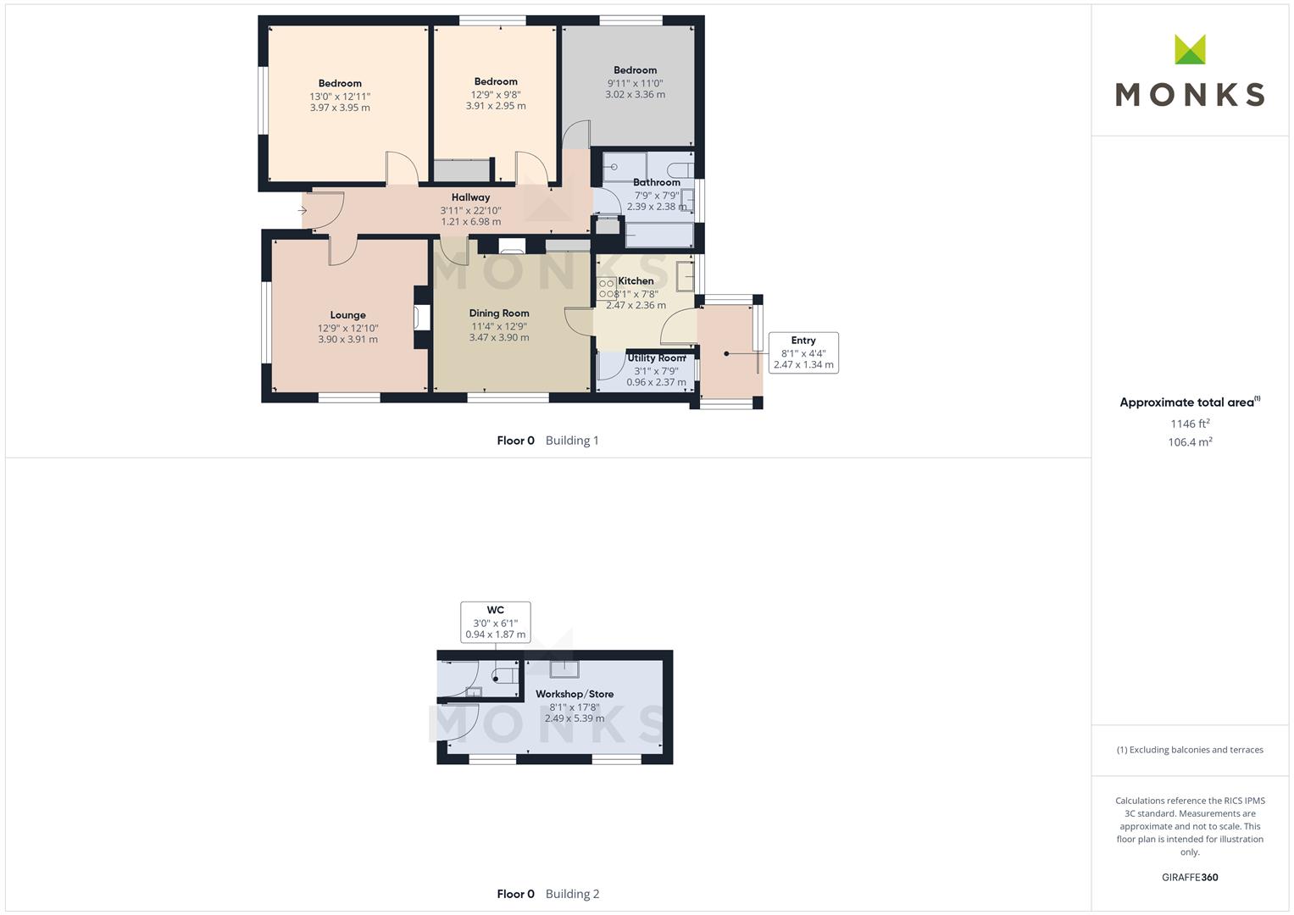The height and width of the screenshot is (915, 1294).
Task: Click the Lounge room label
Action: [347, 315]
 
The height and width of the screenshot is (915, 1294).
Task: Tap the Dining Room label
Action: [499, 313]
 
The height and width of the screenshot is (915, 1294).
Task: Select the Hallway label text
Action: [471, 197]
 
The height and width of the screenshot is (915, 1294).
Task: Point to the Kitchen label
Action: [636, 280]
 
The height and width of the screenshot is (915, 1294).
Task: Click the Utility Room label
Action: [656, 358]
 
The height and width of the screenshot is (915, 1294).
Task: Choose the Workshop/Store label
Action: [575, 694]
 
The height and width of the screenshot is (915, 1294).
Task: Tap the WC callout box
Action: [496, 622]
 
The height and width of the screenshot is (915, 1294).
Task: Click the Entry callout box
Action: [803, 352]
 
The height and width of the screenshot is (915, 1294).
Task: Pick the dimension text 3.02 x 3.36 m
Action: [635, 94]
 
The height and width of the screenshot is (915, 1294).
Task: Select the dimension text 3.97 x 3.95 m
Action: [340, 108]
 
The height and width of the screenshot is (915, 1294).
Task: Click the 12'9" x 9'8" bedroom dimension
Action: [496, 94]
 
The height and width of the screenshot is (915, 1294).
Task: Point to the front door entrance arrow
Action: [303, 210]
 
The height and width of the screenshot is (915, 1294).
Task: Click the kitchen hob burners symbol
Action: [607, 289]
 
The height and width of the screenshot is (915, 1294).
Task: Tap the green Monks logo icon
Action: [1190, 50]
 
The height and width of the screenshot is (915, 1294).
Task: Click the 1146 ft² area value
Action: [1190, 424]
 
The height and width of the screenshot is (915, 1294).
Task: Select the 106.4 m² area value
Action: [1190, 442]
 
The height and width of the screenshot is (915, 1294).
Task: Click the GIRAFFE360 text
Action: [1190, 877]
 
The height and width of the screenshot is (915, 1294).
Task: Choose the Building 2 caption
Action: [573, 894]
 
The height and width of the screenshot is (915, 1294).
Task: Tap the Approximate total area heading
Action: [1190, 402]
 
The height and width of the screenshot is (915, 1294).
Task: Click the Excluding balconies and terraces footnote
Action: [1190, 750]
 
